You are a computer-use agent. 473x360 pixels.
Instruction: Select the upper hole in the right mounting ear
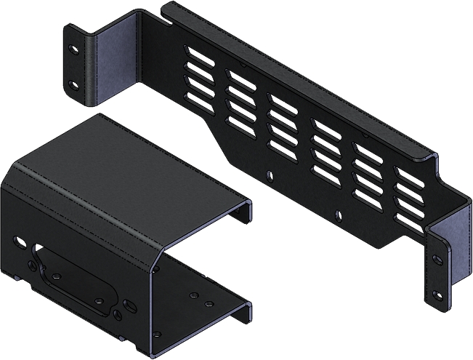click(437, 259)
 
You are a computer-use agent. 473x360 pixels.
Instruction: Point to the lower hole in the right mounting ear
click(437, 295)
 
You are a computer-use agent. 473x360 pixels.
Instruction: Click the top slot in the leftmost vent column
click(199, 56)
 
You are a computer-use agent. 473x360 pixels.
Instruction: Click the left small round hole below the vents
click(270, 175)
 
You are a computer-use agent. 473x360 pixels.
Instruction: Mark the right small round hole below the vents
click(339, 213)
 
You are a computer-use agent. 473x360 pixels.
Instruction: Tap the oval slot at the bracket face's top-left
click(19, 238)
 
